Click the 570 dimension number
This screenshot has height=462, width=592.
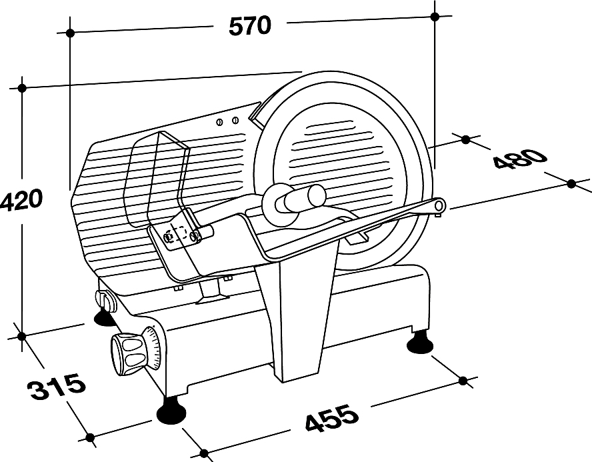click(x=250, y=25)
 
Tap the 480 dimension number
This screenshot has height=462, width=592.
click(x=520, y=161)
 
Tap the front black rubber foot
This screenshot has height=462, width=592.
click(x=171, y=411)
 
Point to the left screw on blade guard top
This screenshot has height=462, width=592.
click(x=219, y=121)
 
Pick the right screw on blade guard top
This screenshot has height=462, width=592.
click(x=235, y=120)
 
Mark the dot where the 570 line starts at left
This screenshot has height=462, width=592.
click(x=69, y=32)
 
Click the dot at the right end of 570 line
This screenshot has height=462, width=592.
click(x=435, y=15)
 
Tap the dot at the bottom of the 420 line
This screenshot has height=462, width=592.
click(x=22, y=335)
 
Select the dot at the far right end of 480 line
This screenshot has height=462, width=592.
click(x=571, y=183)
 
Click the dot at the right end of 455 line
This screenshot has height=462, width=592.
click(x=463, y=380)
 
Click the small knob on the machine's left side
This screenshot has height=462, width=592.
click(x=104, y=301)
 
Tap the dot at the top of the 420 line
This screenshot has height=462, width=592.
click(x=22, y=87)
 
